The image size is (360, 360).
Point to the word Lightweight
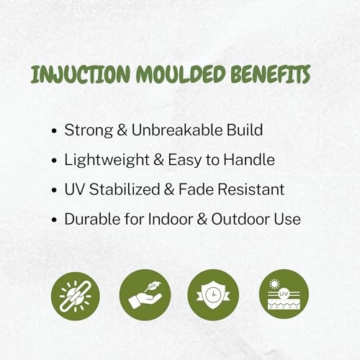(x=107, y=161)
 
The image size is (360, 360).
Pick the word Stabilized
(x=125, y=189)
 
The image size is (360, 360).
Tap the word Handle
(x=249, y=160)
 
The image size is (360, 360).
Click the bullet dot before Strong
(x=55, y=131)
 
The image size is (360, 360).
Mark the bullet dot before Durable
(x=55, y=220)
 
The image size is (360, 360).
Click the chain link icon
(x=76, y=297)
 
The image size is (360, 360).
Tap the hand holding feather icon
(x=145, y=295)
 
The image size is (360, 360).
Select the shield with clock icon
(x=213, y=295)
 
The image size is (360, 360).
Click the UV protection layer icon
(x=284, y=294)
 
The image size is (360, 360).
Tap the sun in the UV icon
(x=274, y=284)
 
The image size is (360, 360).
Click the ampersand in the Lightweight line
(x=158, y=160)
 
